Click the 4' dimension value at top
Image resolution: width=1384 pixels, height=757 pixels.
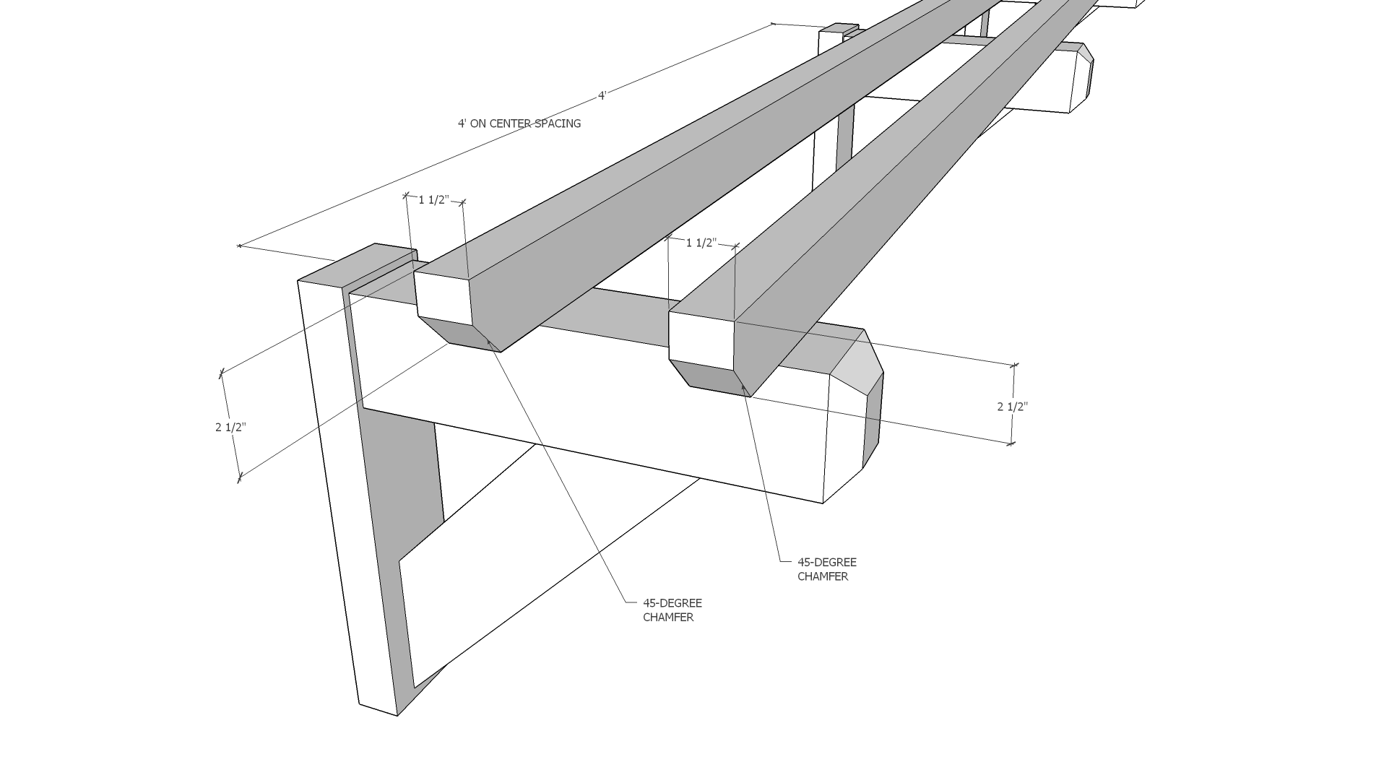tap(602, 95)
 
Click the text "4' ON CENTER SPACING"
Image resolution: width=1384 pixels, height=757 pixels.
tap(519, 124)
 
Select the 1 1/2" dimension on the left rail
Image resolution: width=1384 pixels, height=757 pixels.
tap(433, 200)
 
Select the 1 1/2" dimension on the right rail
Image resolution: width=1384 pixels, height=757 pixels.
tap(700, 243)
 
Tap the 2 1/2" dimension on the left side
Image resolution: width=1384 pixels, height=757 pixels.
tap(230, 427)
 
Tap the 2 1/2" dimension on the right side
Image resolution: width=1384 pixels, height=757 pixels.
tap(1012, 407)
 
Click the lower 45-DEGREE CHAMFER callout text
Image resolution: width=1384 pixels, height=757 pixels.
tap(672, 610)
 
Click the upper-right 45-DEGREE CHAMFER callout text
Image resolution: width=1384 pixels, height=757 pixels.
tap(826, 569)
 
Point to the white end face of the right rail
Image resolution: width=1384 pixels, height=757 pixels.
tap(701, 339)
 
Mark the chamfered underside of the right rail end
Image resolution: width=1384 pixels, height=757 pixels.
tap(712, 377)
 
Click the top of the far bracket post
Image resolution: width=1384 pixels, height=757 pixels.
tap(838, 30)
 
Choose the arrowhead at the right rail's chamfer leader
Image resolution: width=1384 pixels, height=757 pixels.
tap(743, 388)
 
